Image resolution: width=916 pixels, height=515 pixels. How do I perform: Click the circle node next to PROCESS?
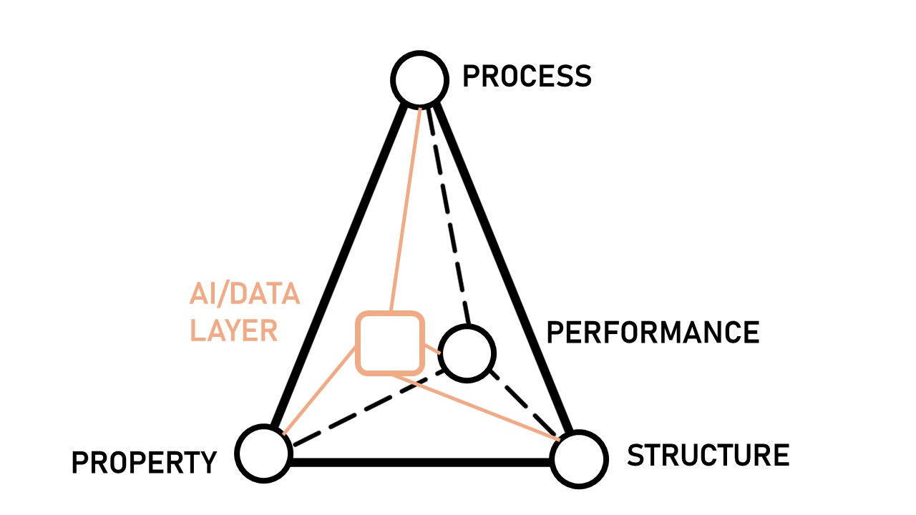click(419, 79)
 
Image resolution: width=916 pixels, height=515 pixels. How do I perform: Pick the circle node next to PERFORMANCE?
click(467, 352)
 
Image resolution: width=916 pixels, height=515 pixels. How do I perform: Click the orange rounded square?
click(390, 343)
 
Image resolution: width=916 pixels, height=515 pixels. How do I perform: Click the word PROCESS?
click(527, 76)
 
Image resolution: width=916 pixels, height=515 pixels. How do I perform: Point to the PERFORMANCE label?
click(653, 333)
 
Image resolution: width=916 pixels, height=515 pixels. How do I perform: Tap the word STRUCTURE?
click(708, 455)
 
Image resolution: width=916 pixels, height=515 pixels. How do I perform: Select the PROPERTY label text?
click(144, 463)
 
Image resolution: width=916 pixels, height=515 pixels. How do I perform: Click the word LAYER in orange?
click(233, 331)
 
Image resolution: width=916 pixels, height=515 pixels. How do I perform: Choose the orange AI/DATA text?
click(244, 294)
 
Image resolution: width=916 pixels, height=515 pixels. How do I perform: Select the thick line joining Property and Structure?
click(422, 461)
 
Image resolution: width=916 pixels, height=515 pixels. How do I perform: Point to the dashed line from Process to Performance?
click(449, 215)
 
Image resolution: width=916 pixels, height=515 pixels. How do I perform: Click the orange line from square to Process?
click(405, 207)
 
